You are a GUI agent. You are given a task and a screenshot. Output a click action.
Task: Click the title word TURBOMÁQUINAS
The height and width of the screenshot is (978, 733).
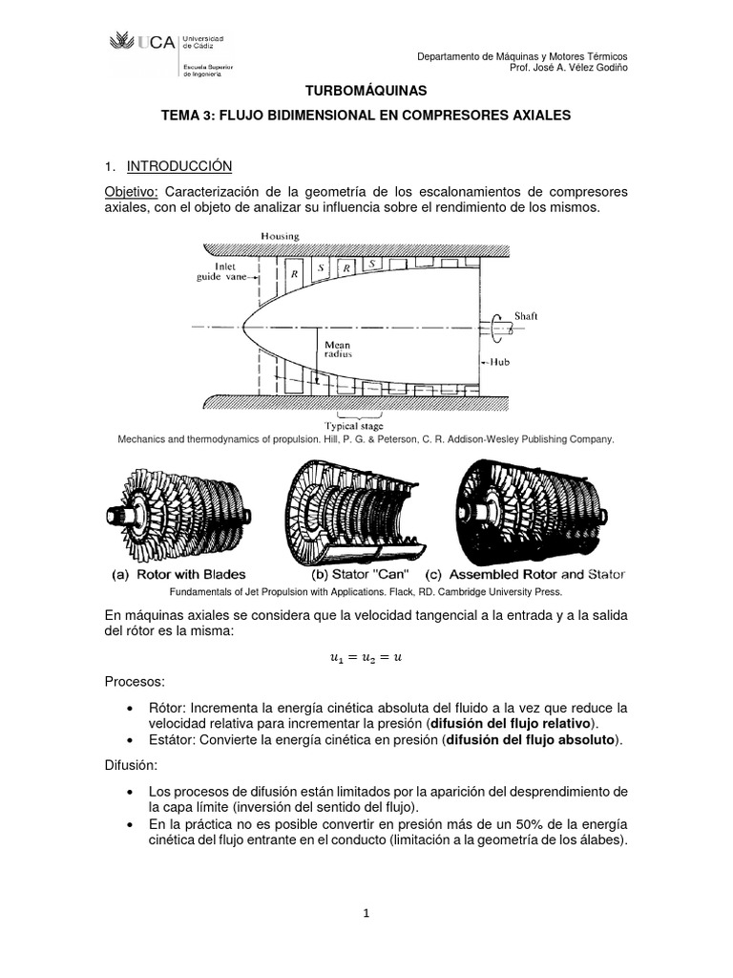[366, 90]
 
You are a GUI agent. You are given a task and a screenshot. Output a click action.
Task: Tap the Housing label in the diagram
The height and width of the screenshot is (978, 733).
[280, 236]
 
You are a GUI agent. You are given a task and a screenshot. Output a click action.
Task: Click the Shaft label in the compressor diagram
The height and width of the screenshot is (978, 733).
[527, 314]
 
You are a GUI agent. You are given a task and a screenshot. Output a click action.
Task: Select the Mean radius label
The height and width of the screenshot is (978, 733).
[338, 351]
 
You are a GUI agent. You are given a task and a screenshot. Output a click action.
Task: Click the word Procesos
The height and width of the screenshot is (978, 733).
[135, 684]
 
